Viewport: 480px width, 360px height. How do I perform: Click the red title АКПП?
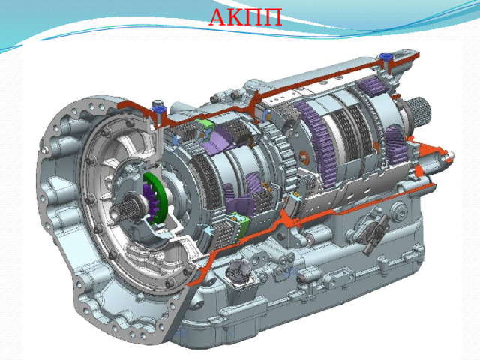coord(245,17)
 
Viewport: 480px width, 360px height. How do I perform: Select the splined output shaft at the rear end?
coord(419,110)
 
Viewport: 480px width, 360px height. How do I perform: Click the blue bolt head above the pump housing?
coord(158,108)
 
